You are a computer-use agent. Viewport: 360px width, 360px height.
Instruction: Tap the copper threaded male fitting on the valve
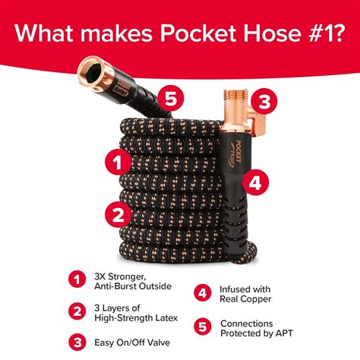pyautogui.click(x=229, y=100)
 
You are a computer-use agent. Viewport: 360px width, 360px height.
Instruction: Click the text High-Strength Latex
pyautogui.click(x=133, y=317)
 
